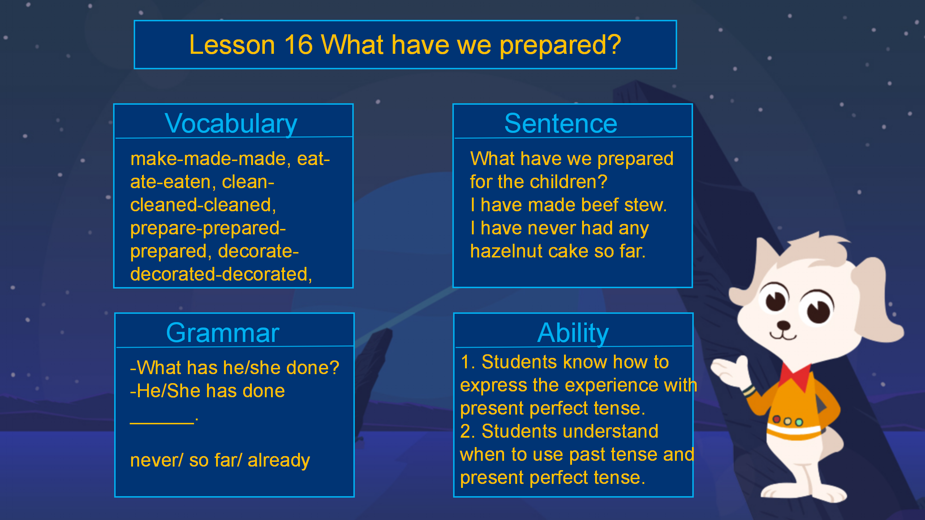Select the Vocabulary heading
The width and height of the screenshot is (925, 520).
point(231,124)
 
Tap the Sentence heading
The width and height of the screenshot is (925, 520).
point(561,123)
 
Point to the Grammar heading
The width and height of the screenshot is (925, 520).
point(223,333)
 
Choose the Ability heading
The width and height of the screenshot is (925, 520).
point(573,333)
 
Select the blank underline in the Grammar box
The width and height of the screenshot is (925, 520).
point(162,423)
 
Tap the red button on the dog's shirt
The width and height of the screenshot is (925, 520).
point(776,419)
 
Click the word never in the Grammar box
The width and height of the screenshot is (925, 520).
point(156,461)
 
